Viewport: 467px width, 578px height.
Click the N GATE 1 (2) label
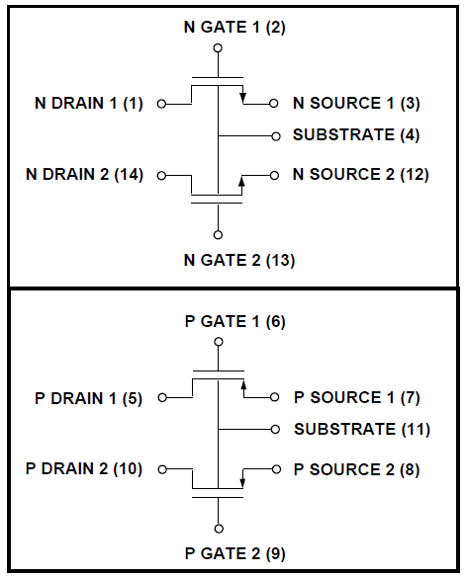tap(234, 28)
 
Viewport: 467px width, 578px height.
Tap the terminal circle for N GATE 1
tap(219, 48)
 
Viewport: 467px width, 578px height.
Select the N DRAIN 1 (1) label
tap(89, 103)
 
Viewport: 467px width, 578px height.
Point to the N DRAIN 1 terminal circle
tap(161, 104)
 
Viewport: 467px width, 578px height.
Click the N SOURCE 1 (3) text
tap(356, 103)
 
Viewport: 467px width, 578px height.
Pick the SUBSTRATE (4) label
tap(356, 135)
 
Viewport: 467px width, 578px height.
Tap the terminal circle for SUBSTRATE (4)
tap(276, 136)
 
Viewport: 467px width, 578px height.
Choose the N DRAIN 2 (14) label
tap(84, 174)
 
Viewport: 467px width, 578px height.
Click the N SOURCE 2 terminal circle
tap(274, 176)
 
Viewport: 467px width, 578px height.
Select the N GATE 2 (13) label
tap(239, 260)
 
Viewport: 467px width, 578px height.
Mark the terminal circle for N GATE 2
tap(219, 234)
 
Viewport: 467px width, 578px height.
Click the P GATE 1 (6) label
tap(234, 321)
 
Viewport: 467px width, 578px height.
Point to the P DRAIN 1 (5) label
tap(89, 398)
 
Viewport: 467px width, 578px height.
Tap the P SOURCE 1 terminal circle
tap(275, 397)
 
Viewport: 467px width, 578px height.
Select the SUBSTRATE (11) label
tap(362, 429)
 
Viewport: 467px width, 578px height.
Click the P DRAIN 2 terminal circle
tap(162, 469)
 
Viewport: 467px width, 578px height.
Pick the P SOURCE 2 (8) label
tap(356, 469)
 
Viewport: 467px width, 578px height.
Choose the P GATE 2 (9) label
tap(234, 553)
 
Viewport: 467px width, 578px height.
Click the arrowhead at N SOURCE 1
tap(242, 98)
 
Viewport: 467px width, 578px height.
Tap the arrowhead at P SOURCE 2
tap(242, 482)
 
